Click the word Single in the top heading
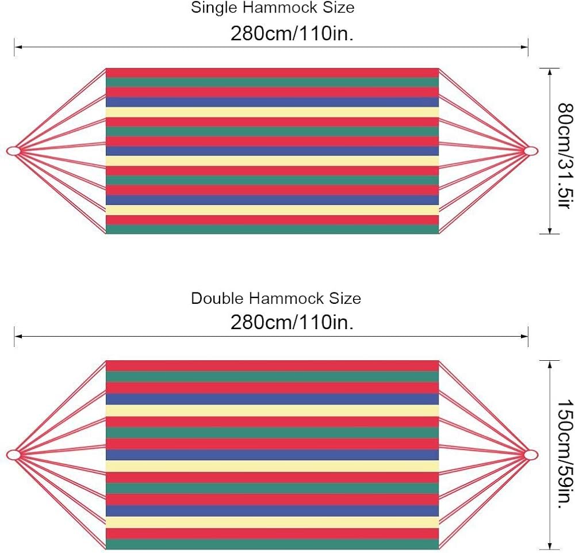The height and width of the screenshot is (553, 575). (x=209, y=9)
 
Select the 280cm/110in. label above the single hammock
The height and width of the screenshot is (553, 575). (x=292, y=34)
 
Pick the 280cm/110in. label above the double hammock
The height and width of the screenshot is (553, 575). (x=292, y=323)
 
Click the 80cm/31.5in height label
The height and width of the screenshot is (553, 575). (x=566, y=150)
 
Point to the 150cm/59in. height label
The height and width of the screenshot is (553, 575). (x=566, y=455)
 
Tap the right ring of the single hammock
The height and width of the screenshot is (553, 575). (x=532, y=151)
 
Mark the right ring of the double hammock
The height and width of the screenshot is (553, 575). (x=532, y=455)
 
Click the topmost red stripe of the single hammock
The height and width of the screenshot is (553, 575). (x=273, y=73)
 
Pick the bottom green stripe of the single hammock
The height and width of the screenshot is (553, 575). (x=273, y=229)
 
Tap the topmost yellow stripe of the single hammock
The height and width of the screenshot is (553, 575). (x=273, y=112)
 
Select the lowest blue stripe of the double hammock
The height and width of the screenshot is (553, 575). (x=273, y=510)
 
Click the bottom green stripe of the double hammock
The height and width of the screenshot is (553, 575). (x=273, y=544)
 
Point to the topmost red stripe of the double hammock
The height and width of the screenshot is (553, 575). (x=273, y=365)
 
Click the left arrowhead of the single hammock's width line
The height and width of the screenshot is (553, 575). (x=18, y=47)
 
